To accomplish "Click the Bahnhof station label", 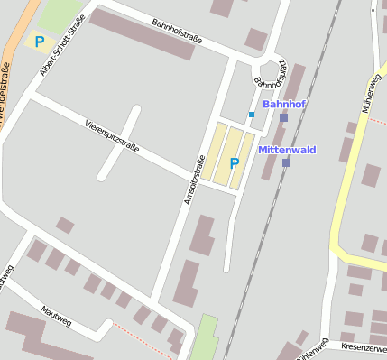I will (x=283, y=105).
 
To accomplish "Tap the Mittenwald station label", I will (x=287, y=149).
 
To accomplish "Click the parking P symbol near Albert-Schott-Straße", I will (x=39, y=41).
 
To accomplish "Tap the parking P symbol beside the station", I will (x=235, y=163).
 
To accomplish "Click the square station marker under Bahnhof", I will (x=283, y=118).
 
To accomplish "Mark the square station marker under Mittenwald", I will (x=286, y=162).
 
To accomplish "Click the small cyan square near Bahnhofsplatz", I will (x=251, y=114).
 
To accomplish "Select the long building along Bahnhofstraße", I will (x=142, y=34).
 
